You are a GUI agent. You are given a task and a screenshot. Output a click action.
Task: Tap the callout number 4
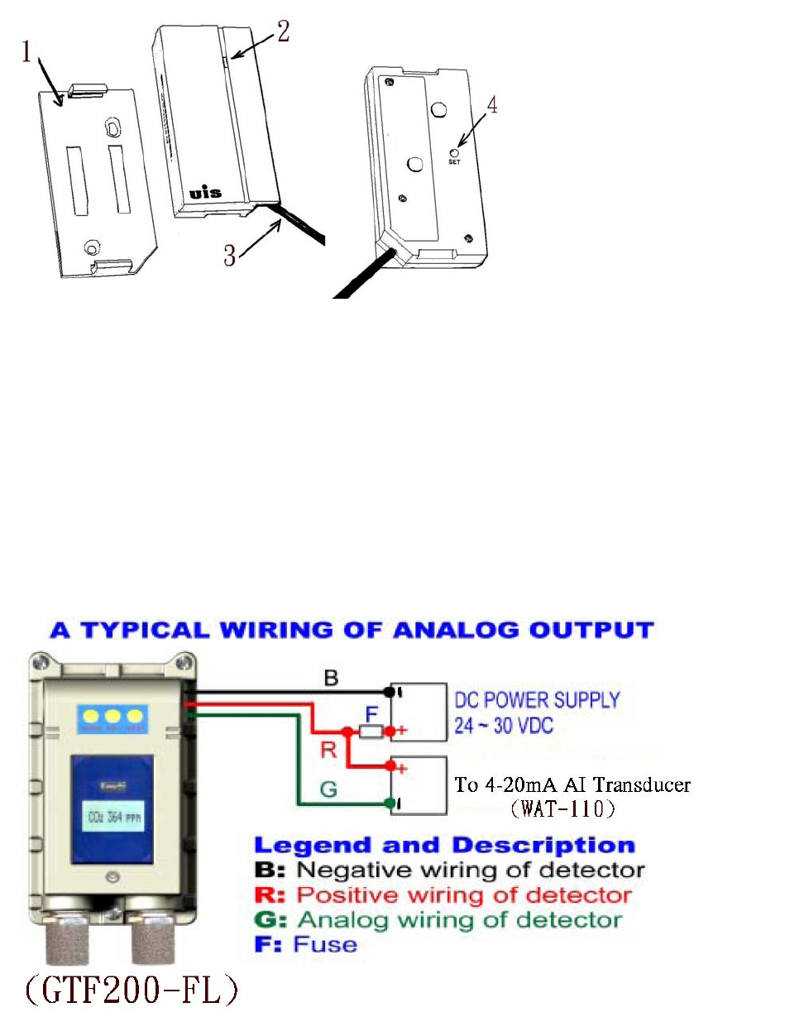point(492,108)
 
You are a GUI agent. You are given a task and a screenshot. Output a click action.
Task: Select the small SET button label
point(454,163)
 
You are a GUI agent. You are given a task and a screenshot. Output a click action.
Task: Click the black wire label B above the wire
point(330,679)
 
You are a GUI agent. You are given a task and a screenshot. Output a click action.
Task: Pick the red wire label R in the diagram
point(328,750)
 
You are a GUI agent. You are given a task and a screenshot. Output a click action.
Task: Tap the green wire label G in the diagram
point(328,789)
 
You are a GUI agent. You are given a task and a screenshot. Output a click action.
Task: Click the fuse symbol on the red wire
point(370,732)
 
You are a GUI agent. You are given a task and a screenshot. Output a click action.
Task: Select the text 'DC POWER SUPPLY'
point(537,700)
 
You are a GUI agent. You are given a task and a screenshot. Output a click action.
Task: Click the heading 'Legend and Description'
point(444,846)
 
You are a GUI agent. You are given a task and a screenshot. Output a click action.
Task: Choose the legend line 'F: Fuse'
point(305,943)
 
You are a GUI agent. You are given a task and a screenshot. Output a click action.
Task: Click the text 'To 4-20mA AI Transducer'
point(572,784)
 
